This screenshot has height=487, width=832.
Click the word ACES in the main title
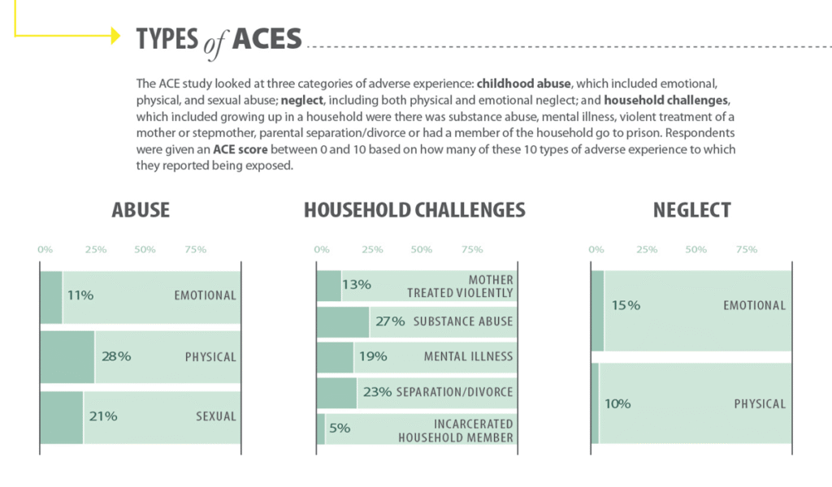point(266,38)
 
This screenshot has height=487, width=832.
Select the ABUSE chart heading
point(141,210)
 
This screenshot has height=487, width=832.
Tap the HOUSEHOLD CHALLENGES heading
point(414,210)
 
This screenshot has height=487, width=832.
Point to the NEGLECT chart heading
point(692,210)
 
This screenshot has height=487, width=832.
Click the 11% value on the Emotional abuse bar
point(80,295)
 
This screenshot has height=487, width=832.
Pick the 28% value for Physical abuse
point(115,356)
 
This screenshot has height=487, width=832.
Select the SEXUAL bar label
point(216,416)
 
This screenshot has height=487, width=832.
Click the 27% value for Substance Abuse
point(390,321)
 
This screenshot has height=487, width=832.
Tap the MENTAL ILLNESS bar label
point(468,356)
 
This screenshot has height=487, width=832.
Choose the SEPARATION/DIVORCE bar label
point(454,392)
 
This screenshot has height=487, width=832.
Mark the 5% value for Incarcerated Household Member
point(340,428)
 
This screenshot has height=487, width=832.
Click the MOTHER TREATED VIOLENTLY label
point(460,287)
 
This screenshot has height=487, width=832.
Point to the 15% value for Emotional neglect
point(626,305)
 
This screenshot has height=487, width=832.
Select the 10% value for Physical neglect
point(617,403)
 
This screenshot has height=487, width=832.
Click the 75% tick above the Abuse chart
point(196,249)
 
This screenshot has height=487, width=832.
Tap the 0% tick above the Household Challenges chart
point(322,249)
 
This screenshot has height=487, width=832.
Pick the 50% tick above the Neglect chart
point(696,249)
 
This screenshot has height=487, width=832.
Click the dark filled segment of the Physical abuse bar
point(67,356)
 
